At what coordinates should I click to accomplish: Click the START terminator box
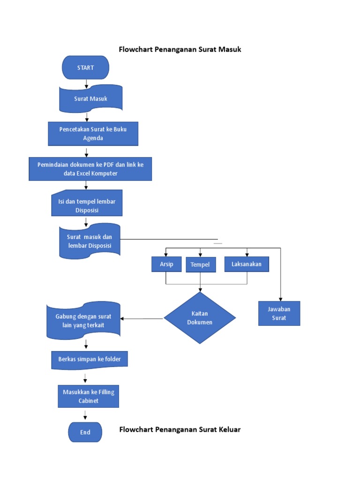tap(86, 67)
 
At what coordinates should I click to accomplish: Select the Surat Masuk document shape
tap(90, 98)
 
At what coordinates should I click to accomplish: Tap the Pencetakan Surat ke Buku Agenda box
tap(93, 134)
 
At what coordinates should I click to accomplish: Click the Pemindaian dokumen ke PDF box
tap(90, 169)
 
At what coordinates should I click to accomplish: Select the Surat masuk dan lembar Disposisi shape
tap(90, 241)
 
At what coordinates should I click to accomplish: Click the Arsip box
tap(166, 264)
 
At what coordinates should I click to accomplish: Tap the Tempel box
tap(201, 264)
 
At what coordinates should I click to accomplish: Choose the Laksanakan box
tap(247, 264)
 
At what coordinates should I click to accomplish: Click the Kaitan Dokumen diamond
tap(200, 318)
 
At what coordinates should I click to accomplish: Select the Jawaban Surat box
tap(279, 314)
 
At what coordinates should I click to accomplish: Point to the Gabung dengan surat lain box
tap(83, 321)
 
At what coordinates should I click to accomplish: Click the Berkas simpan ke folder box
tap(89, 360)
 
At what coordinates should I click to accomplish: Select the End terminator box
tap(85, 432)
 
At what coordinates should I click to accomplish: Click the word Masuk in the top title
tap(230, 49)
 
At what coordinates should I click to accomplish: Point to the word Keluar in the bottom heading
tap(228, 429)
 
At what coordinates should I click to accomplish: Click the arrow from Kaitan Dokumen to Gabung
tap(142, 319)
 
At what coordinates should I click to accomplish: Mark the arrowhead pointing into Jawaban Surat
tap(280, 299)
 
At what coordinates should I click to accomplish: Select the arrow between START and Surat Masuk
tap(86, 84)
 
